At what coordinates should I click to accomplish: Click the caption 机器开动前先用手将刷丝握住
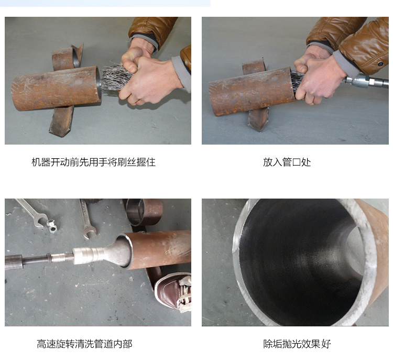[x=93, y=162]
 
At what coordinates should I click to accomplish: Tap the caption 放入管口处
[x=287, y=162]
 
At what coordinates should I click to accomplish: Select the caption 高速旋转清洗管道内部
[x=84, y=344]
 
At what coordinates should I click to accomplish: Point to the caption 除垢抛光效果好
[x=297, y=344]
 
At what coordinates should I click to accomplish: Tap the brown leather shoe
[x=173, y=291]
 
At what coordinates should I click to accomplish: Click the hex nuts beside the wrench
[x=51, y=225]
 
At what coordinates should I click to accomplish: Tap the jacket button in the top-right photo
[x=380, y=63]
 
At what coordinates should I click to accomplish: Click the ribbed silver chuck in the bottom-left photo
[x=88, y=256]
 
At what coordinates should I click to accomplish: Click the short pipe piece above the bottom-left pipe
[x=144, y=212]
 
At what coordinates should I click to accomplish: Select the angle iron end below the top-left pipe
[x=61, y=122]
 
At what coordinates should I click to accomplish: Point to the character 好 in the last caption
[x=326, y=344]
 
